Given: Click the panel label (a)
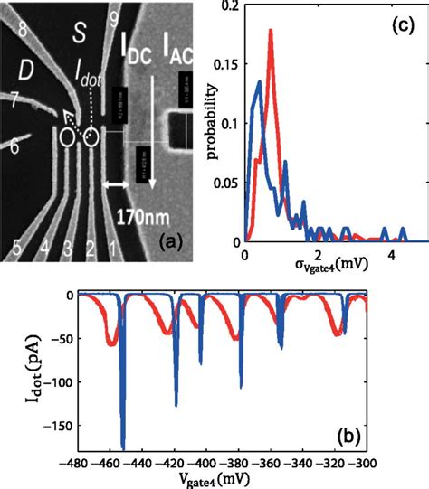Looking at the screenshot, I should click(x=173, y=243).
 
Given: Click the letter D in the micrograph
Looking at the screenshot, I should click(x=28, y=70).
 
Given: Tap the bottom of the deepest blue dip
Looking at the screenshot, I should click(x=123, y=447).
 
